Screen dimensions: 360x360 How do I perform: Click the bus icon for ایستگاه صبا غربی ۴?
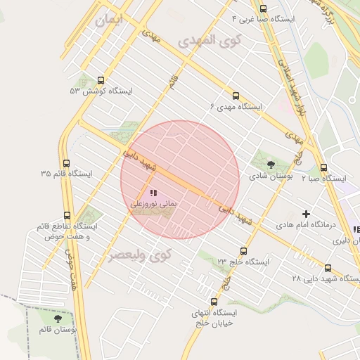263,9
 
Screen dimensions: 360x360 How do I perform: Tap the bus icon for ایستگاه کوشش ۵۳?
101,80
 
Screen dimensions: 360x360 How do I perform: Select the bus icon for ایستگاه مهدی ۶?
235,96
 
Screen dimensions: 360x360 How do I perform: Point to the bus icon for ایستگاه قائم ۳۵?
66,163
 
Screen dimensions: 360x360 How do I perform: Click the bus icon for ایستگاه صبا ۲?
323,168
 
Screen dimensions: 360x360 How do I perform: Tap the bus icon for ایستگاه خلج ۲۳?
243,251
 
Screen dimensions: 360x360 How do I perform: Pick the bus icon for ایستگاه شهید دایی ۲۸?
328,268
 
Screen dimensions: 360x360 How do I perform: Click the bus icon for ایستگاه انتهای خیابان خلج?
214,302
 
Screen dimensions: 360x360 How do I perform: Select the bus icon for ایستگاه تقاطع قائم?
67,216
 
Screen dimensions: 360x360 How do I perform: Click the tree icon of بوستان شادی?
271,165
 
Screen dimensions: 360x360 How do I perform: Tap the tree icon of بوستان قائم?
58,319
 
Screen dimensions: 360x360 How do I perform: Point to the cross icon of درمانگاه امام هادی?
306,213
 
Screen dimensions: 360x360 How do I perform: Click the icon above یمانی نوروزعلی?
153,193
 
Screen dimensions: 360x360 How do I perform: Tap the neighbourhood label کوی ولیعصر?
141,255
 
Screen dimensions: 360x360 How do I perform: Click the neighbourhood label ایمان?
108,20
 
